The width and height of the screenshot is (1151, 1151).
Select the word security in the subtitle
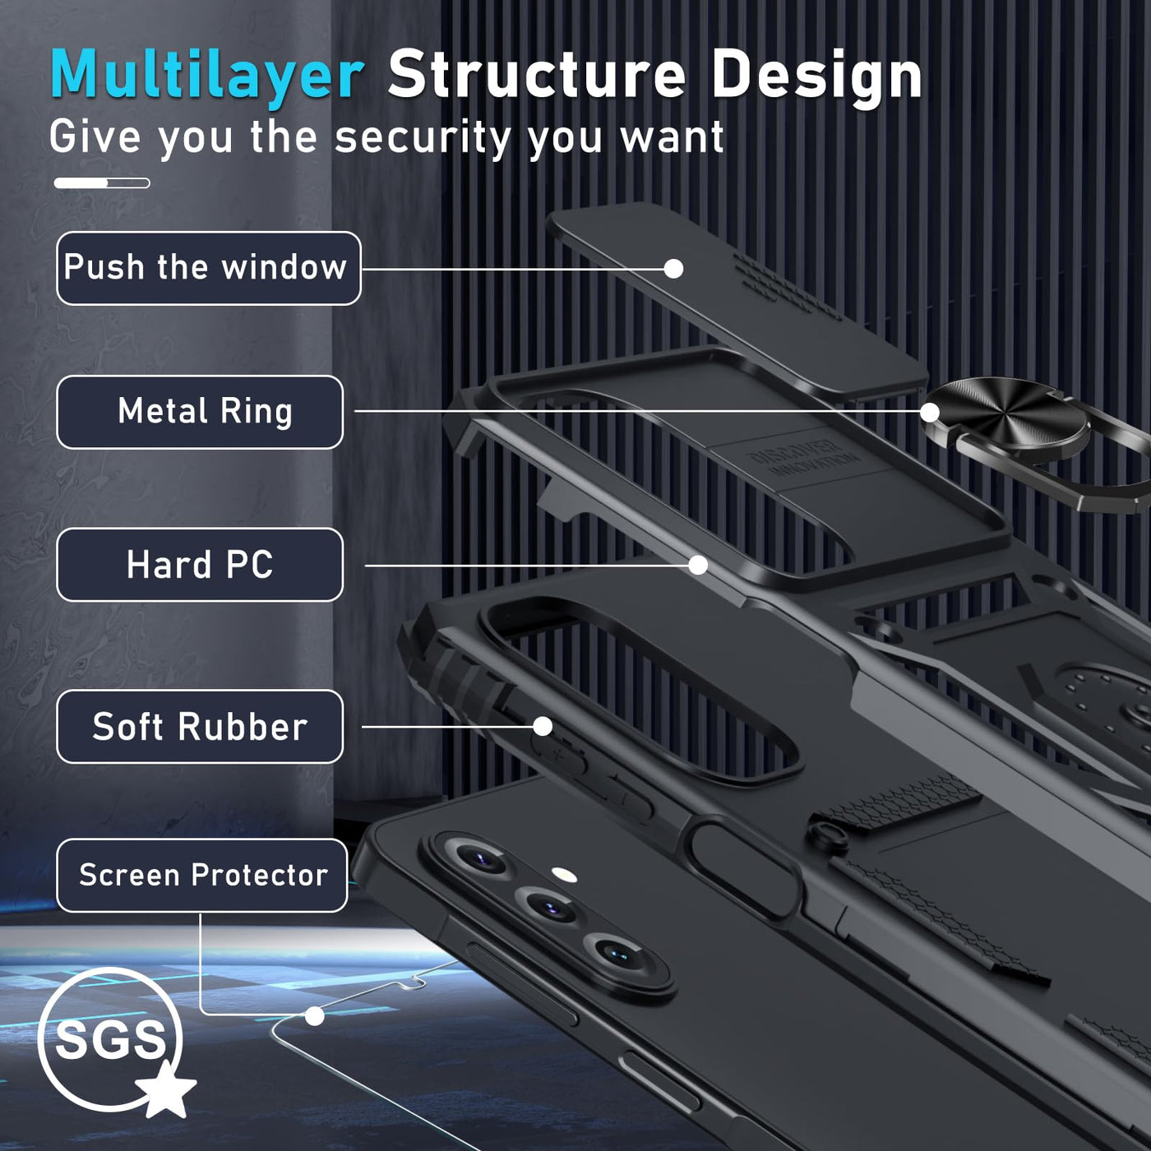(423, 138)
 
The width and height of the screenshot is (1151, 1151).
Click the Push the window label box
(209, 268)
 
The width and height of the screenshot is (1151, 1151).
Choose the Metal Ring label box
(200, 412)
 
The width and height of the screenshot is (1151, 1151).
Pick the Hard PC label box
(200, 565)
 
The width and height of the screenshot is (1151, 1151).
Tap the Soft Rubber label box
(200, 726)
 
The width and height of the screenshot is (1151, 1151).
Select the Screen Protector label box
(202, 875)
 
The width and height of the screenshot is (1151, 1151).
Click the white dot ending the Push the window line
(674, 269)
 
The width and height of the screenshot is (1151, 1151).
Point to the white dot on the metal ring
(929, 412)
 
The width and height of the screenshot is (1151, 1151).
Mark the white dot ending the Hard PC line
(698, 565)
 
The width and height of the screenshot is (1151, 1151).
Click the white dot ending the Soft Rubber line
(543, 726)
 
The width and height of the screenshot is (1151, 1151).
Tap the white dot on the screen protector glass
(315, 1015)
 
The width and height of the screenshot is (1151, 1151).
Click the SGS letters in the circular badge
(110, 1040)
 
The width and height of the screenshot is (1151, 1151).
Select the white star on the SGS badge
(166, 1089)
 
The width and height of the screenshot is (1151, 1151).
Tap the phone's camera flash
(564, 876)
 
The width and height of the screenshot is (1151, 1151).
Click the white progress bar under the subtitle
(102, 183)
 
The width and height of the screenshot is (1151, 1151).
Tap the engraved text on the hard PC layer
(803, 458)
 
